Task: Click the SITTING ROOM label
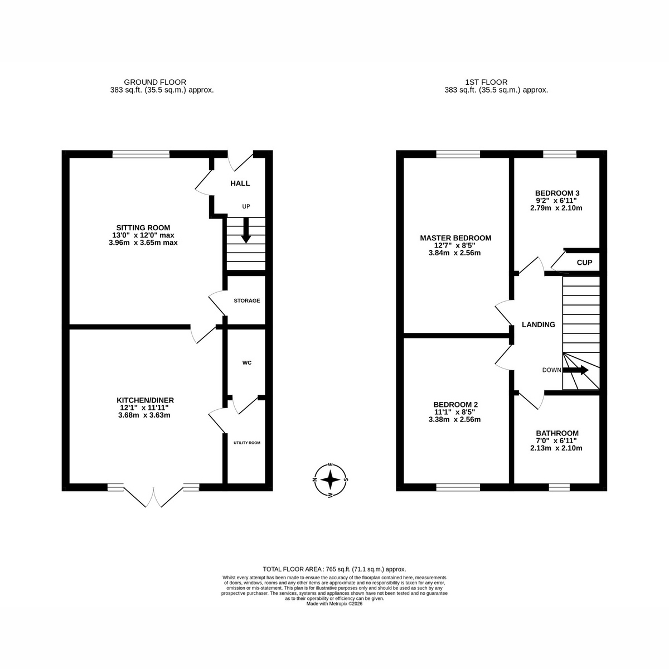click(143, 228)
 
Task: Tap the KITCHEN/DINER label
click(145, 400)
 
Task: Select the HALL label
click(240, 183)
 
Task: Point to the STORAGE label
click(246, 300)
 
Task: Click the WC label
click(247, 363)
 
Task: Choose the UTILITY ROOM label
click(247, 443)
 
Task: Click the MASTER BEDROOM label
click(455, 238)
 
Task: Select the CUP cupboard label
click(584, 263)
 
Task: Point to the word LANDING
click(539, 324)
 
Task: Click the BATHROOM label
click(557, 433)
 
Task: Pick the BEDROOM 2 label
click(455, 404)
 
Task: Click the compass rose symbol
click(331, 481)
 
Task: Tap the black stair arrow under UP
click(246, 230)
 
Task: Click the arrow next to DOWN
click(575, 370)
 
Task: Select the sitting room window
click(141, 154)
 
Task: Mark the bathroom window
click(559, 487)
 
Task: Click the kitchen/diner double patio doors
click(153, 495)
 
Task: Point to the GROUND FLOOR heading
click(155, 83)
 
